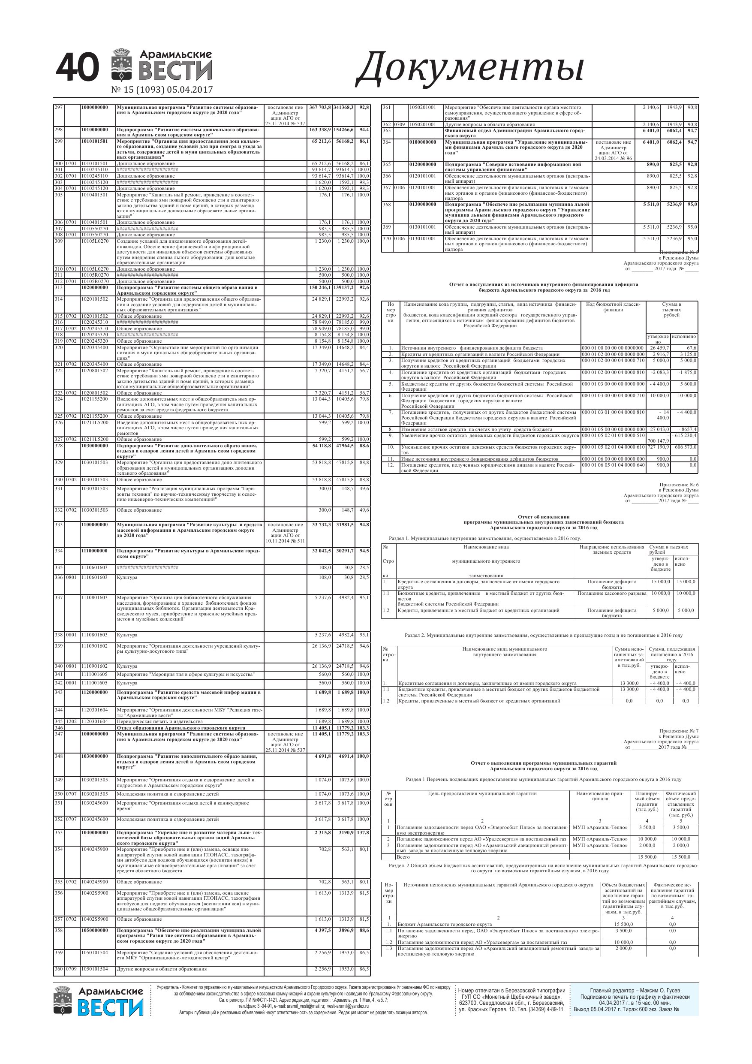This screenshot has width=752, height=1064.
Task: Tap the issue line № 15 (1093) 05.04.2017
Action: click(x=162, y=90)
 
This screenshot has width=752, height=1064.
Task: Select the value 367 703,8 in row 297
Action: click(x=320, y=108)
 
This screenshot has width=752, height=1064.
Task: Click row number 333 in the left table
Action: click(x=58, y=524)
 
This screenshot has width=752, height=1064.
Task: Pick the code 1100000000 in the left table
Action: click(x=94, y=524)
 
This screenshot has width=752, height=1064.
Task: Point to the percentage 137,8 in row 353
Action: click(x=362, y=832)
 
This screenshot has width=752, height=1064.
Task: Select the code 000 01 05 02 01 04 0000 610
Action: click(x=613, y=447)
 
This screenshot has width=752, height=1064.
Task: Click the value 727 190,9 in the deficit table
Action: click(x=658, y=447)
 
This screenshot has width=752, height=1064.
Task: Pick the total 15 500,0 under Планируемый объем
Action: click(x=647, y=857)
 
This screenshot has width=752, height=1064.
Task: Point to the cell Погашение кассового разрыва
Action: click(x=612, y=593)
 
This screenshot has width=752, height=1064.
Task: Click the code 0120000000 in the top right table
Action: click(x=422, y=165)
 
